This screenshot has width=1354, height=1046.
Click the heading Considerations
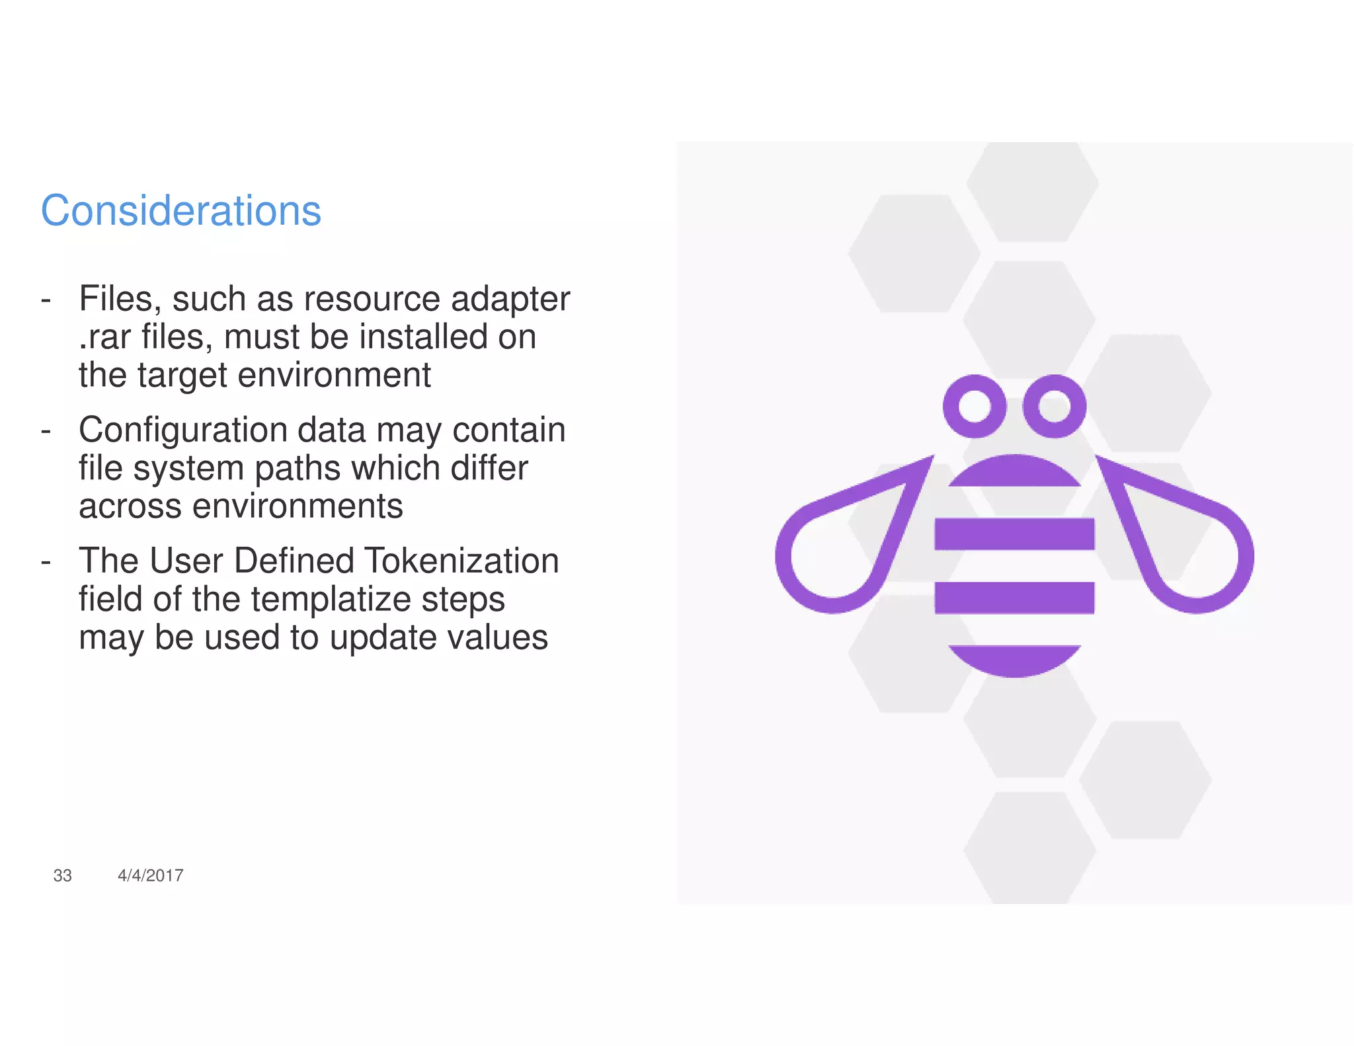[180, 211]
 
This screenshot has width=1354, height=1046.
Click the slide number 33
[62, 875]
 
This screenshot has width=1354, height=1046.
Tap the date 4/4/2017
[150, 875]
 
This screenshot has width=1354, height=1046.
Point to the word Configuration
[182, 430]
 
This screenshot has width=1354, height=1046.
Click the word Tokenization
[461, 561]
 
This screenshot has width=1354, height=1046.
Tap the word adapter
[510, 299]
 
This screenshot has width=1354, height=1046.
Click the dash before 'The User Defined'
[46, 561]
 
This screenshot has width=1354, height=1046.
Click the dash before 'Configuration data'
[46, 430]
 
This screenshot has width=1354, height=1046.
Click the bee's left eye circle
[975, 406]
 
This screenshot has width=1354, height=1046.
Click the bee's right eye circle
[1054, 406]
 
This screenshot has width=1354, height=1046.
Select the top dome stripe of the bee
[1014, 472]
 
